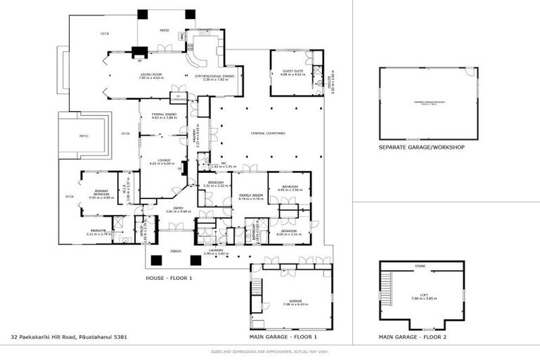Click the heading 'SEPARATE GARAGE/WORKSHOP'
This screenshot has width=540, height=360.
point(421,148)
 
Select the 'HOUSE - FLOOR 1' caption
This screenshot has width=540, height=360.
point(169,278)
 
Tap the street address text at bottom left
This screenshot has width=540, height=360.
point(69,337)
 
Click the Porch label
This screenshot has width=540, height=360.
point(176,250)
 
